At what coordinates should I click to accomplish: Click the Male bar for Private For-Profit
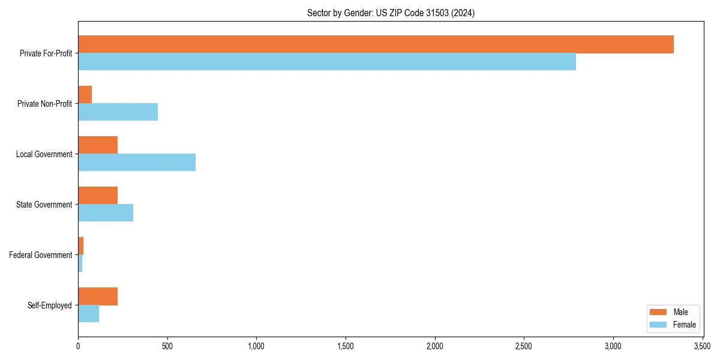[x=376, y=44]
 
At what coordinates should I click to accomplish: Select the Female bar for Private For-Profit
[x=327, y=62]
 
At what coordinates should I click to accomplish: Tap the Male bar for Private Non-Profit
[x=85, y=95]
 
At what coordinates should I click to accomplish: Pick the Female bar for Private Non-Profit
[x=118, y=112]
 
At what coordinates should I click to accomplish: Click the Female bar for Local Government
[x=137, y=163]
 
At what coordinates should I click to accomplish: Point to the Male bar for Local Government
[x=98, y=145]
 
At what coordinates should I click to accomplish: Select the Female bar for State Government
[x=106, y=213]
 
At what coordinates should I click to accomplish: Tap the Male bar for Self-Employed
[x=98, y=296]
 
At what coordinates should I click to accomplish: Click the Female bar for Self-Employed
[x=89, y=314]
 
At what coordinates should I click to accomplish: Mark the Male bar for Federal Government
[x=81, y=246]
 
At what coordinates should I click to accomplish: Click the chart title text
[x=391, y=13]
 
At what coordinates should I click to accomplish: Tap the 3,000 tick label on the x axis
[x=613, y=346]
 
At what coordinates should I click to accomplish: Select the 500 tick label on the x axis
[x=167, y=346]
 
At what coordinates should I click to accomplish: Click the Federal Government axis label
[x=41, y=255]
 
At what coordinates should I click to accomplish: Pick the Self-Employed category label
[x=50, y=305]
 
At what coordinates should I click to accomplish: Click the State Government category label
[x=44, y=205]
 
